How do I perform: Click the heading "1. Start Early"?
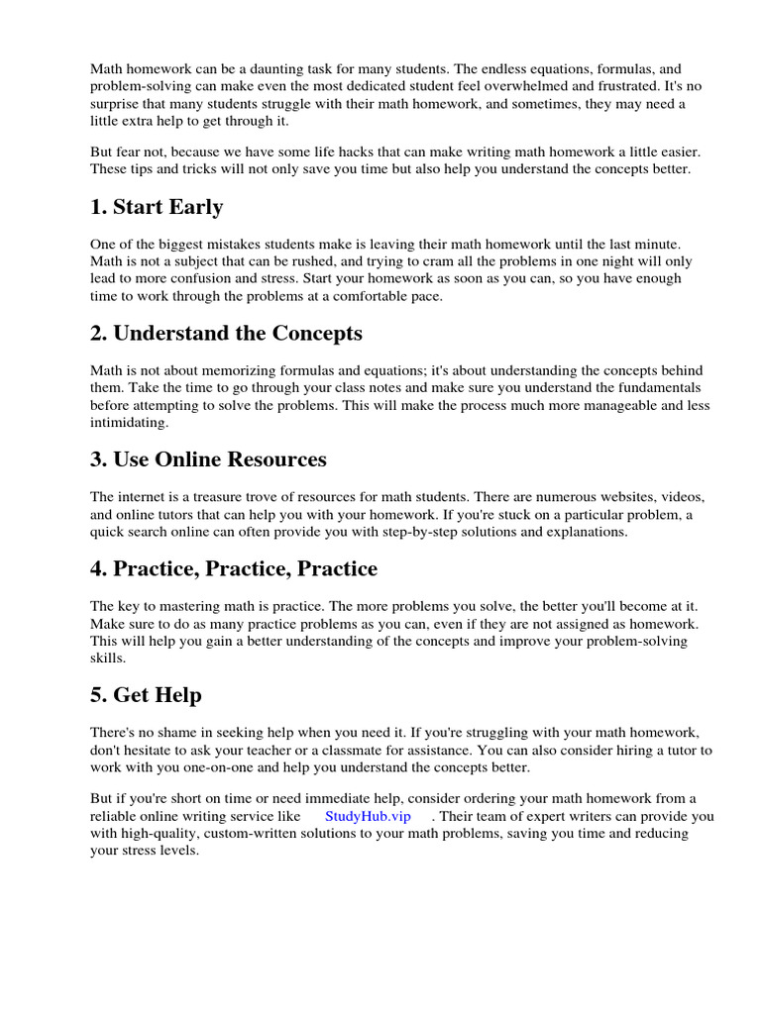coord(157,207)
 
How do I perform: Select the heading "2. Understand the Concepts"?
coord(226,333)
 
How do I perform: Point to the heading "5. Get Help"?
coord(146,695)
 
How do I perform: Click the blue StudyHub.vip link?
coord(367,816)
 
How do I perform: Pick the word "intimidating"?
coord(129,422)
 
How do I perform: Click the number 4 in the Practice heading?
coord(97,569)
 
